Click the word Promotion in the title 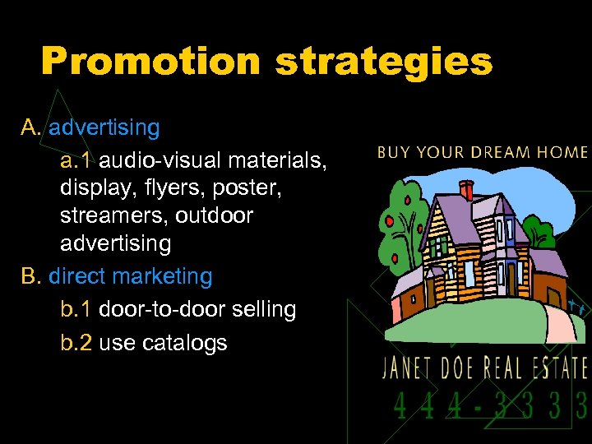click(x=150, y=62)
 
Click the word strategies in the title click(x=384, y=62)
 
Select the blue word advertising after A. click(x=104, y=127)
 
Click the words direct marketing click(x=130, y=276)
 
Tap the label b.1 click(x=76, y=309)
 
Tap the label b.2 click(x=76, y=342)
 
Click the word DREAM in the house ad click(x=489, y=152)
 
